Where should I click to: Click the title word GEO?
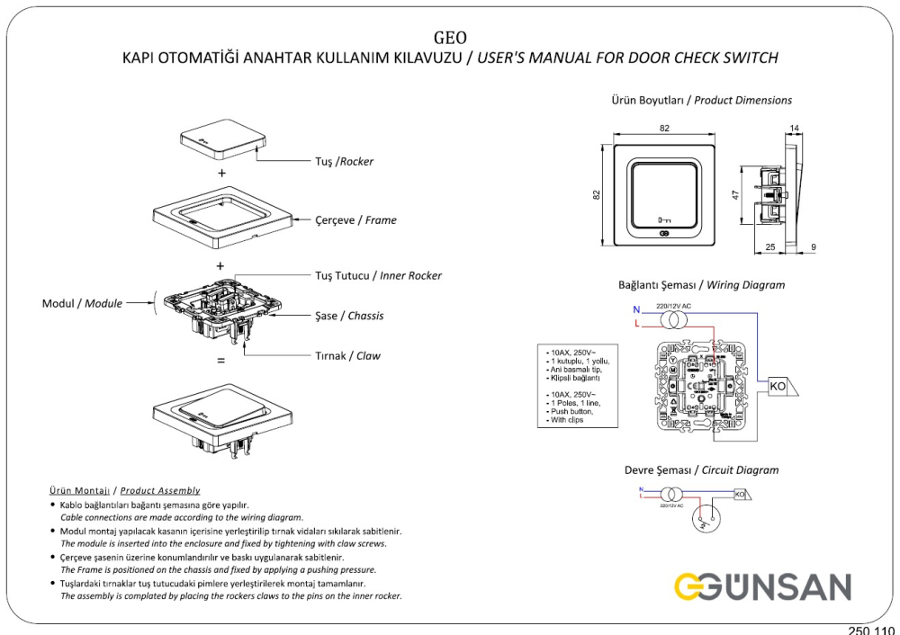pos(449,37)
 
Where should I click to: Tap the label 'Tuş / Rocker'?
pos(343,162)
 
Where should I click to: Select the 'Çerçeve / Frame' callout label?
pos(355,219)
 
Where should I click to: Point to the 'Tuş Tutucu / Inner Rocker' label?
pos(378,275)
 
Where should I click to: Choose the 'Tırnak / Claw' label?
pos(347,355)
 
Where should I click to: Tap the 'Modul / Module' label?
pos(82,303)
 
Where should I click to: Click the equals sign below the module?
pos(221,361)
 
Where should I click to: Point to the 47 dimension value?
pos(735,194)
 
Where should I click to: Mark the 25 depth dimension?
pos(771,246)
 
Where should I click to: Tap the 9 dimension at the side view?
pos(814,246)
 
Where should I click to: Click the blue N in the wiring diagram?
pos(635,310)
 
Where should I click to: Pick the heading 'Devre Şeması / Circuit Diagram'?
pos(701,470)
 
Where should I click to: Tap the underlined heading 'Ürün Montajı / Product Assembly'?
pos(124,491)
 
